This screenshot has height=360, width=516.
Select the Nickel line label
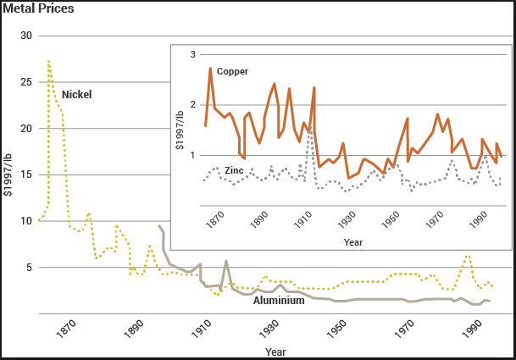(76, 94)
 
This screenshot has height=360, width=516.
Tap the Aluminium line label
(279, 300)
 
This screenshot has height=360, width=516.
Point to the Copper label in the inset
(232, 72)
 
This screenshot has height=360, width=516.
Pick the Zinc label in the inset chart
(235, 170)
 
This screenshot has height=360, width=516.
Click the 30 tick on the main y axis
(25, 36)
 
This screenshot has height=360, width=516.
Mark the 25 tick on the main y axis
(25, 82)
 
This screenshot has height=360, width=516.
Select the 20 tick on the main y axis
(25, 129)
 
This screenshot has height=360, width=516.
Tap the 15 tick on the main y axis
(25, 175)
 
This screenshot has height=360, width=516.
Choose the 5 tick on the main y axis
(28, 268)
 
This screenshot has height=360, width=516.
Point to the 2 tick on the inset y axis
(192, 105)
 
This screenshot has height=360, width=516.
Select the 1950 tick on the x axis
(339, 325)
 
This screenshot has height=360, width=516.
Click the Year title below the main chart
(275, 351)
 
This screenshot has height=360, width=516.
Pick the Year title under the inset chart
(353, 242)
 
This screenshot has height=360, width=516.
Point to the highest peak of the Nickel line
(48, 61)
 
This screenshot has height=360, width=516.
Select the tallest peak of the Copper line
(210, 69)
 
